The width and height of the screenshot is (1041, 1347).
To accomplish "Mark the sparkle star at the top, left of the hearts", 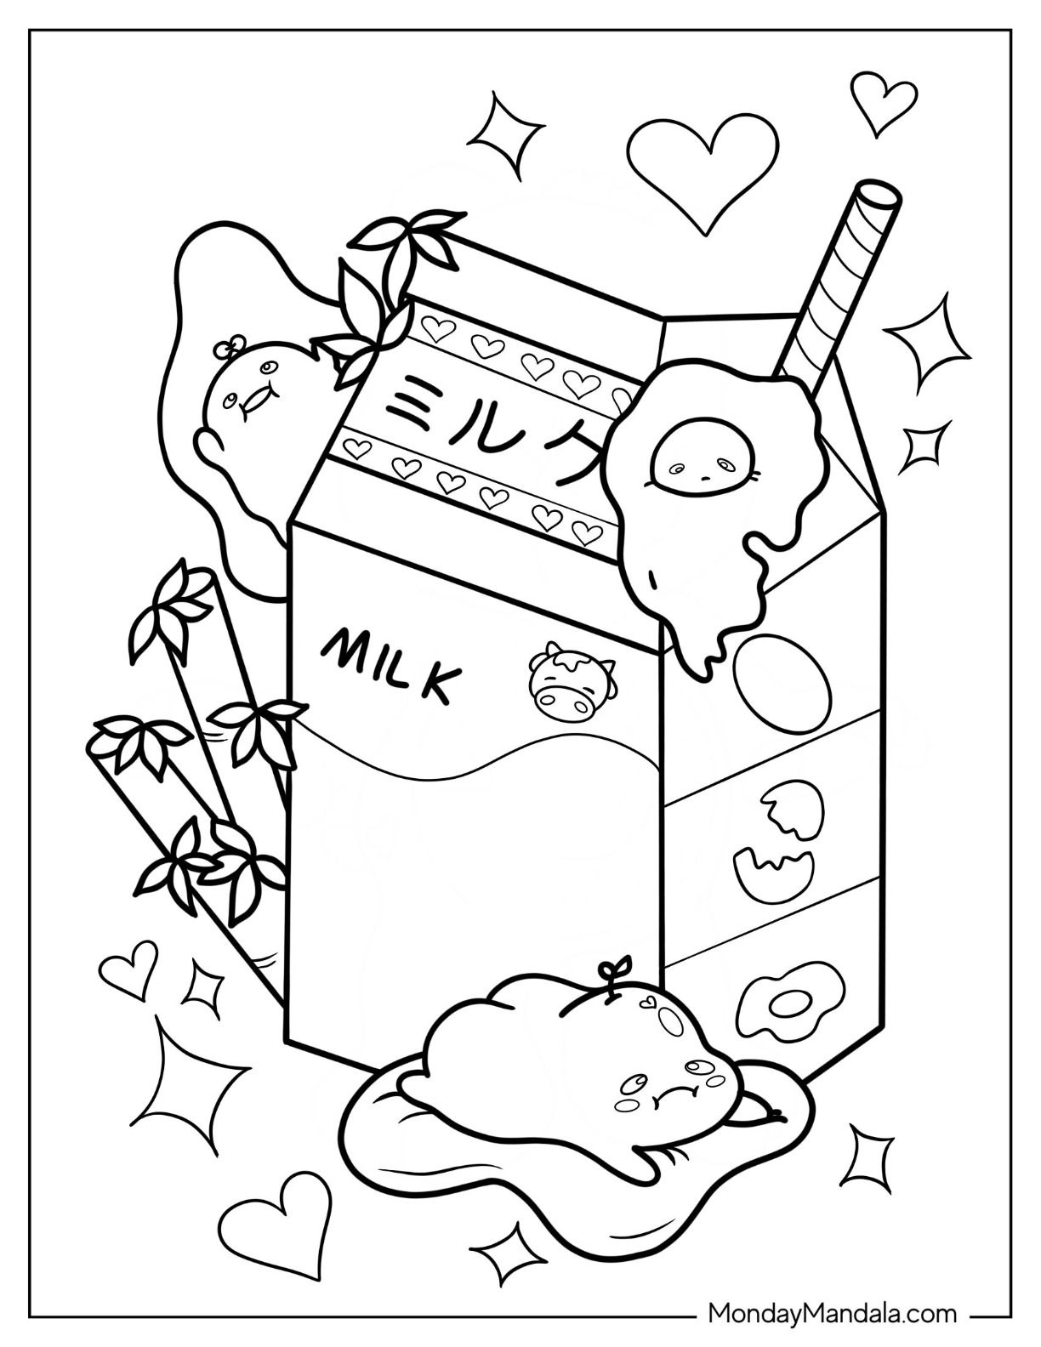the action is [x=504, y=139].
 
